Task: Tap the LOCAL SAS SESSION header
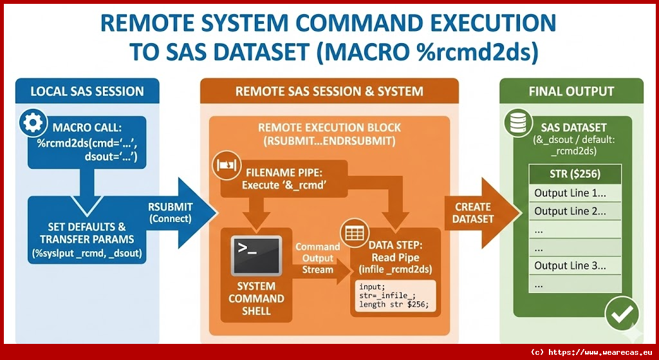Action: [x=87, y=91]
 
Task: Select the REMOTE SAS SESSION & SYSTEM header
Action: [x=329, y=91]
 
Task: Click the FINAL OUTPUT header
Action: [x=571, y=91]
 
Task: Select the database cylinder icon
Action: [x=517, y=122]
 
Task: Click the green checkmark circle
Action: [x=622, y=314]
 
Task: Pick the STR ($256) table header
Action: [x=575, y=175]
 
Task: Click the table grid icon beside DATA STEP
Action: [x=354, y=233]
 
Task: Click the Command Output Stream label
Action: [x=318, y=258]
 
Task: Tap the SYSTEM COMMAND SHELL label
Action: [x=255, y=299]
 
